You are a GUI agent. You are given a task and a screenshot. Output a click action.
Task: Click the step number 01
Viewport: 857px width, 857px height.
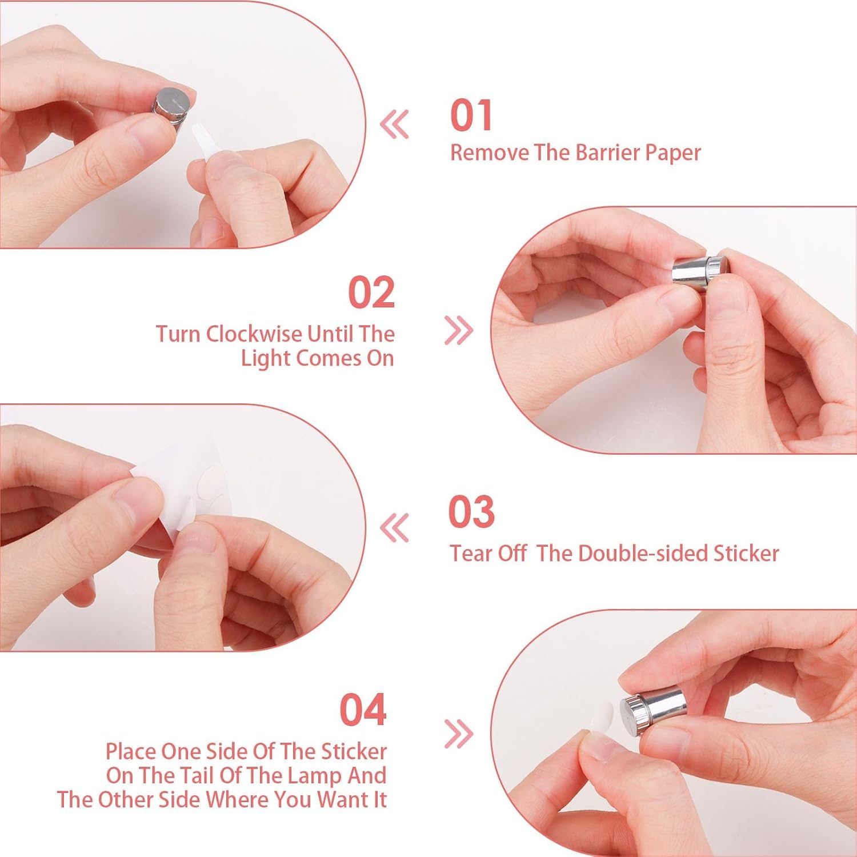(x=471, y=115)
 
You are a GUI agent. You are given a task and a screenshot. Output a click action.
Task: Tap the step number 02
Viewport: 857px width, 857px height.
(x=371, y=293)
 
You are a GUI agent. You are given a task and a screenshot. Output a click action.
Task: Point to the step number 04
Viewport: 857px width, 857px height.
(x=363, y=710)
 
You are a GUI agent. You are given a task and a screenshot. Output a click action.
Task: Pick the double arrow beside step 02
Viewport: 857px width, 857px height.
(x=459, y=330)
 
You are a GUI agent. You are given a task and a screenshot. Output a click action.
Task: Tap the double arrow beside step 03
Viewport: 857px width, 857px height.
(x=395, y=527)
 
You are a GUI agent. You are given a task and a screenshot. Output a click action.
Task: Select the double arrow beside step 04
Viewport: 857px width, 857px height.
(x=459, y=733)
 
